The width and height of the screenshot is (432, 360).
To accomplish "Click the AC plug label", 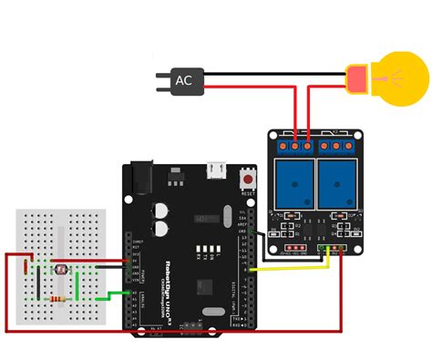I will click(x=184, y=81).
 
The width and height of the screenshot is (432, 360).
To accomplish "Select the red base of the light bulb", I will click(x=356, y=79).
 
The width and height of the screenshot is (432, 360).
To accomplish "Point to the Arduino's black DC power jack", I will click(x=139, y=178).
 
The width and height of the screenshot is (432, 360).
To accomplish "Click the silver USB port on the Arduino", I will click(x=216, y=170).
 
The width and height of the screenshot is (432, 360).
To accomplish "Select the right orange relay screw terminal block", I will click(x=341, y=145).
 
